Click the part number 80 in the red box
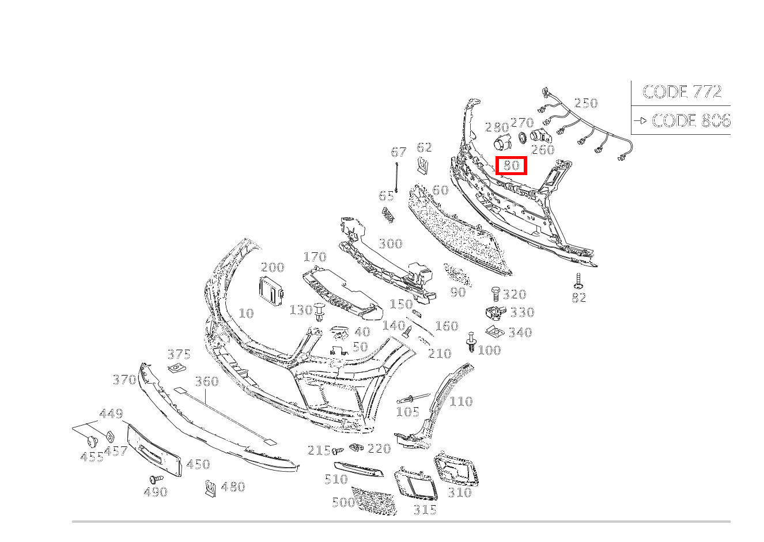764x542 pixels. tap(511, 166)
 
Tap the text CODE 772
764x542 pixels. tap(682, 92)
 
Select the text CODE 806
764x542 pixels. tap(691, 120)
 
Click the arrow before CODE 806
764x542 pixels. tap(640, 120)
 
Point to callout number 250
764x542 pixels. tap(586, 103)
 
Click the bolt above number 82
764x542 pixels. tap(578, 281)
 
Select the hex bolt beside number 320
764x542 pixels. tap(496, 294)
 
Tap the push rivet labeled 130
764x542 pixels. tap(319, 312)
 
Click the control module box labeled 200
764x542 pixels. tap(271, 290)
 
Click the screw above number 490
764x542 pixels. tap(156, 480)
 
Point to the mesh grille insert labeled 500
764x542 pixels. tap(375, 501)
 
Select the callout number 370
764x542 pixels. tap(124, 380)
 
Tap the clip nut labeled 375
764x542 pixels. tap(177, 368)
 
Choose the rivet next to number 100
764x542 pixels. tap(471, 342)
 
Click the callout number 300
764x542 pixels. tap(391, 244)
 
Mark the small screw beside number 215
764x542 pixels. tap(338, 451)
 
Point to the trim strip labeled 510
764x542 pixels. tap(358, 469)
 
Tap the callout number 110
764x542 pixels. tap(461, 401)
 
